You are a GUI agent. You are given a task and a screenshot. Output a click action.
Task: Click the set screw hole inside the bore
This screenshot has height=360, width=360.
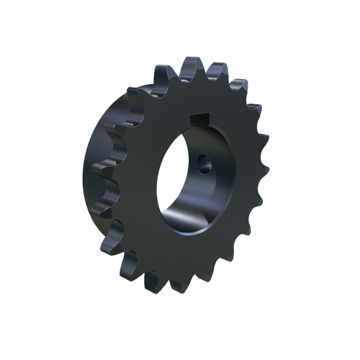click(x=204, y=164)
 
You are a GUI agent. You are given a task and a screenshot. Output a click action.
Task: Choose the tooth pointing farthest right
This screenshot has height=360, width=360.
click(x=264, y=173)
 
